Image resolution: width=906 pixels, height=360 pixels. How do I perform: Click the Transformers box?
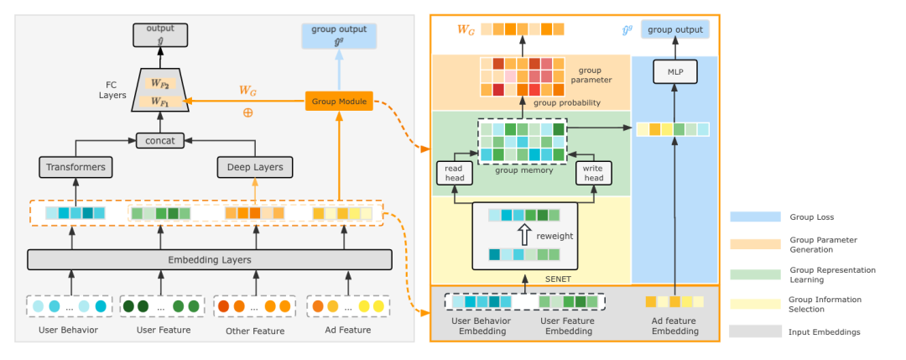click(75, 167)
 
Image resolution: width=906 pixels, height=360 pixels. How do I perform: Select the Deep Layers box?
click(255, 167)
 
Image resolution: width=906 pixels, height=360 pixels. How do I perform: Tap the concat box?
click(159, 140)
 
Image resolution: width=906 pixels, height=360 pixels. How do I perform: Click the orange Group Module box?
click(339, 102)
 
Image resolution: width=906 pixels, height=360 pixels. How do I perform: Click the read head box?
click(454, 173)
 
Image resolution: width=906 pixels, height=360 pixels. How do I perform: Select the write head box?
click(593, 173)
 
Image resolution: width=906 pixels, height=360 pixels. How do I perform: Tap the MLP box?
click(674, 71)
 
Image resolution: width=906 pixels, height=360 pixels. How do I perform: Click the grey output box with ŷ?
click(160, 34)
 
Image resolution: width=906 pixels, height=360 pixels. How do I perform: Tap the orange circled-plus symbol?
click(247, 112)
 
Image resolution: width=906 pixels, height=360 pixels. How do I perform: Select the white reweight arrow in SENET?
click(524, 235)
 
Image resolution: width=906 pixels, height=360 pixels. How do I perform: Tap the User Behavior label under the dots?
click(68, 331)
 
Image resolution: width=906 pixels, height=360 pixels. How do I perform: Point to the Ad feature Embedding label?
click(674, 326)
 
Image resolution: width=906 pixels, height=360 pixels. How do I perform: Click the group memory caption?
click(522, 170)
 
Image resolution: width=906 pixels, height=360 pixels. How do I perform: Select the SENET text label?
click(558, 279)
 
